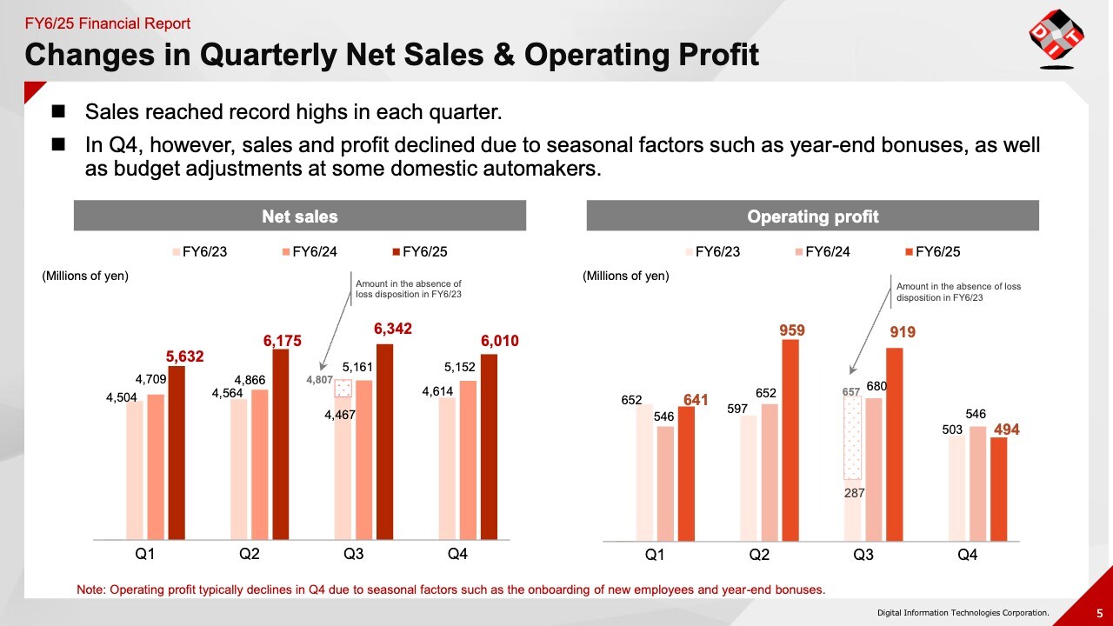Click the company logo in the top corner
point(1056,38)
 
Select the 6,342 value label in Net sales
point(393,329)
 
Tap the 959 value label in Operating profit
point(791,330)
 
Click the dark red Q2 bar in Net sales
point(281,443)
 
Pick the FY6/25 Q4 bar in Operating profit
point(998,488)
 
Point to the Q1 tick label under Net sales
point(144,554)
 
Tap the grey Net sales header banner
point(300,216)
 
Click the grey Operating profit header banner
point(813,216)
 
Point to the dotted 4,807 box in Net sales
point(343,389)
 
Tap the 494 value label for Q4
point(1007,430)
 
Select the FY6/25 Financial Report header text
point(108,23)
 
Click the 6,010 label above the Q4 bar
point(500,341)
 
